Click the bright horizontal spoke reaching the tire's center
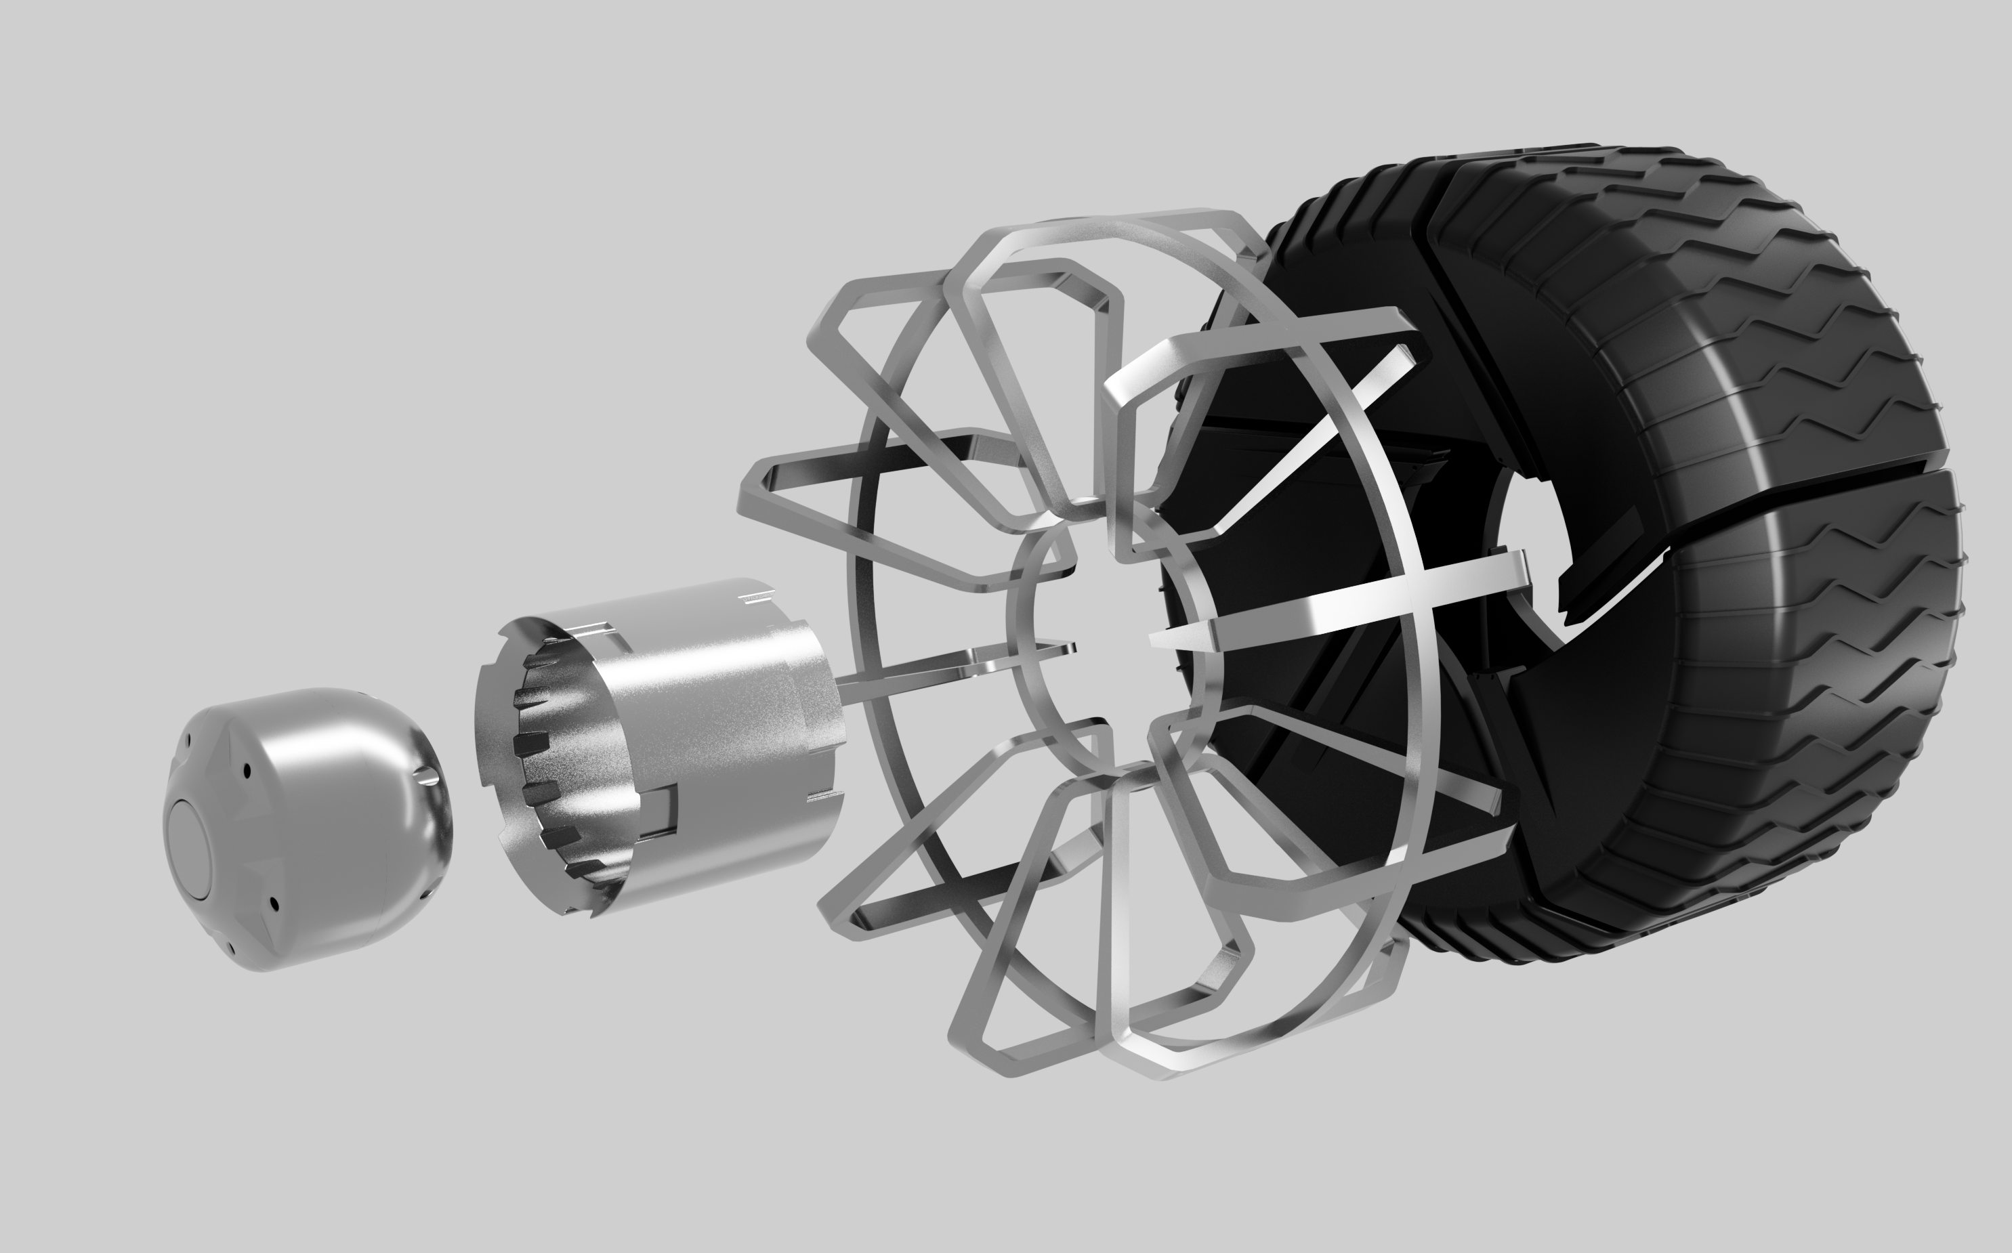point(1359,597)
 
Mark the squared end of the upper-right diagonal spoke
point(1408,356)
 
